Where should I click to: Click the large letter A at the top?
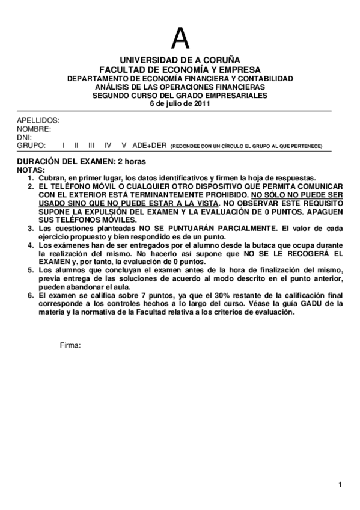[x=180, y=39]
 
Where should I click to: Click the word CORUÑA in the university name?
[x=221, y=61]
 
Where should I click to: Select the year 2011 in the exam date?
[x=201, y=103]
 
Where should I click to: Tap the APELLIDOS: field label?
[x=38, y=120]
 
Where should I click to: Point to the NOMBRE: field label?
[x=34, y=129]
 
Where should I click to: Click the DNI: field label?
[x=23, y=137]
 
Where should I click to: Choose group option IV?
[x=108, y=146]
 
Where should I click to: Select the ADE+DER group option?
[x=149, y=146]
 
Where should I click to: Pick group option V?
[x=124, y=146]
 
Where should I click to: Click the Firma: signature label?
[x=70, y=345]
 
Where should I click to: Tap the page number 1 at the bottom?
[x=340, y=485]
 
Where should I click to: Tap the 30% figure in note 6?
[x=226, y=295]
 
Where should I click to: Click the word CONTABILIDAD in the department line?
[x=265, y=79]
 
